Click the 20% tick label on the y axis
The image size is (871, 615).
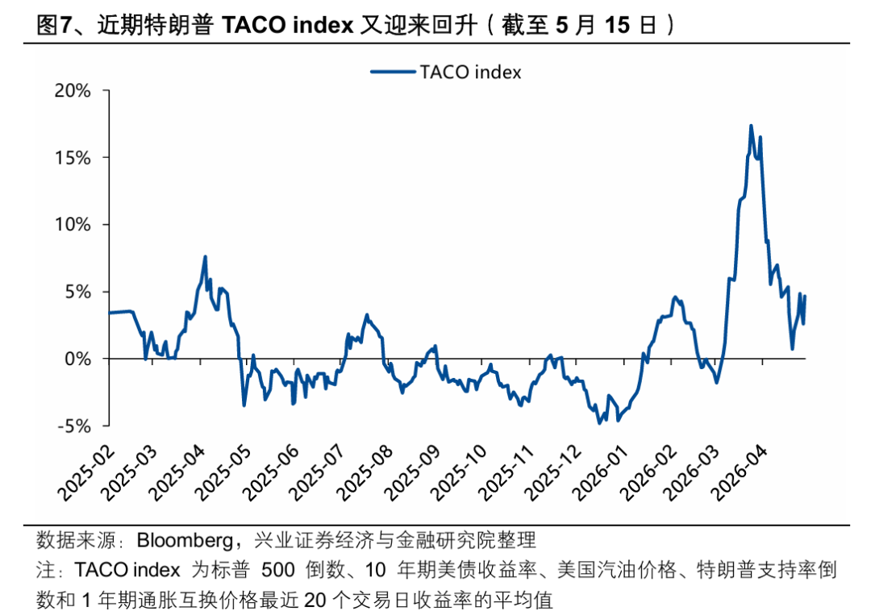pos(73,90)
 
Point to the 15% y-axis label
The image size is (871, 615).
pos(73,158)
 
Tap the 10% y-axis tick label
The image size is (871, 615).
pos(73,225)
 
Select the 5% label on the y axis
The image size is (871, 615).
pos(77,292)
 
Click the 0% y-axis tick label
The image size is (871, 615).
pos(77,359)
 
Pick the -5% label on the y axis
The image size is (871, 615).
pos(74,426)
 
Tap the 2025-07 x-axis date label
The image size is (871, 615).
pos(317,473)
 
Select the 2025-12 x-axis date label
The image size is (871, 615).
pos(553,473)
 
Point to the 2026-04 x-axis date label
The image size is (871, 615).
pos(740,473)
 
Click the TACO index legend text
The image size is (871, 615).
pos(470,73)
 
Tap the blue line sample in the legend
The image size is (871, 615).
pos(393,72)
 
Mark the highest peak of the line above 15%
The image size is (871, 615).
pos(751,126)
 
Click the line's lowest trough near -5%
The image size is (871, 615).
pos(599,423)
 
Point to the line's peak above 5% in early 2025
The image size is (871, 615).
pos(206,256)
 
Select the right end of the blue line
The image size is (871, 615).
pos(805,297)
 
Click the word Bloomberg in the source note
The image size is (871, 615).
pos(185,541)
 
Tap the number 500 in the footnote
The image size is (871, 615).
pos(278,570)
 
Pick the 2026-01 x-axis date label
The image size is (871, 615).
pos(601,473)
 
